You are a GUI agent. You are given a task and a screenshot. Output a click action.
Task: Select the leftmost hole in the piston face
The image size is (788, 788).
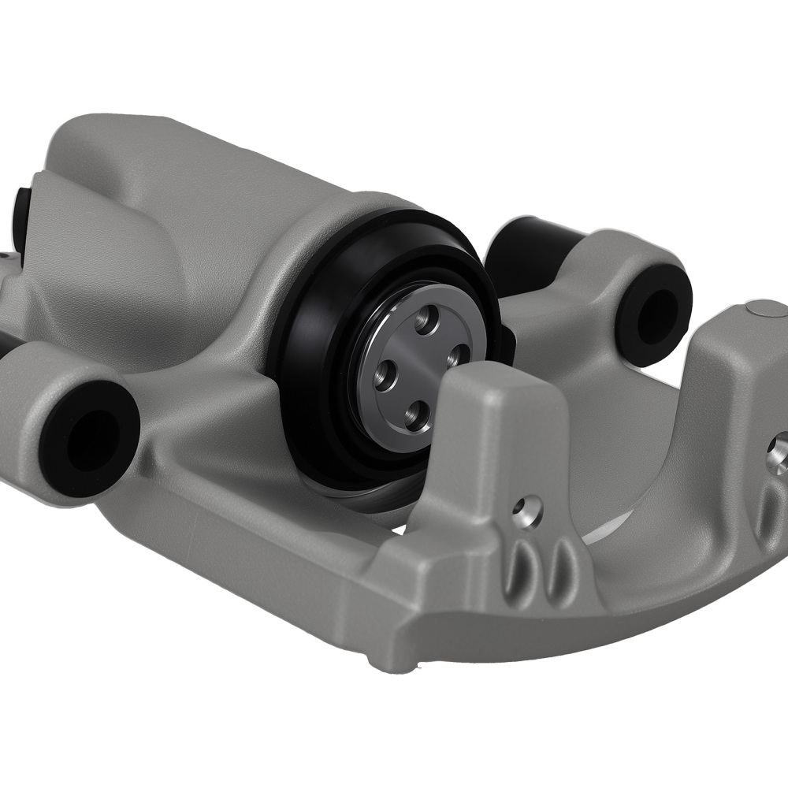[x=385, y=371]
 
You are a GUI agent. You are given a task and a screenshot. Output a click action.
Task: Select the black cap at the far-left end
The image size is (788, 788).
[x=21, y=217]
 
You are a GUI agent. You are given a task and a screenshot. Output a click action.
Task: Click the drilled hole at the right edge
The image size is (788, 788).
[x=778, y=446]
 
